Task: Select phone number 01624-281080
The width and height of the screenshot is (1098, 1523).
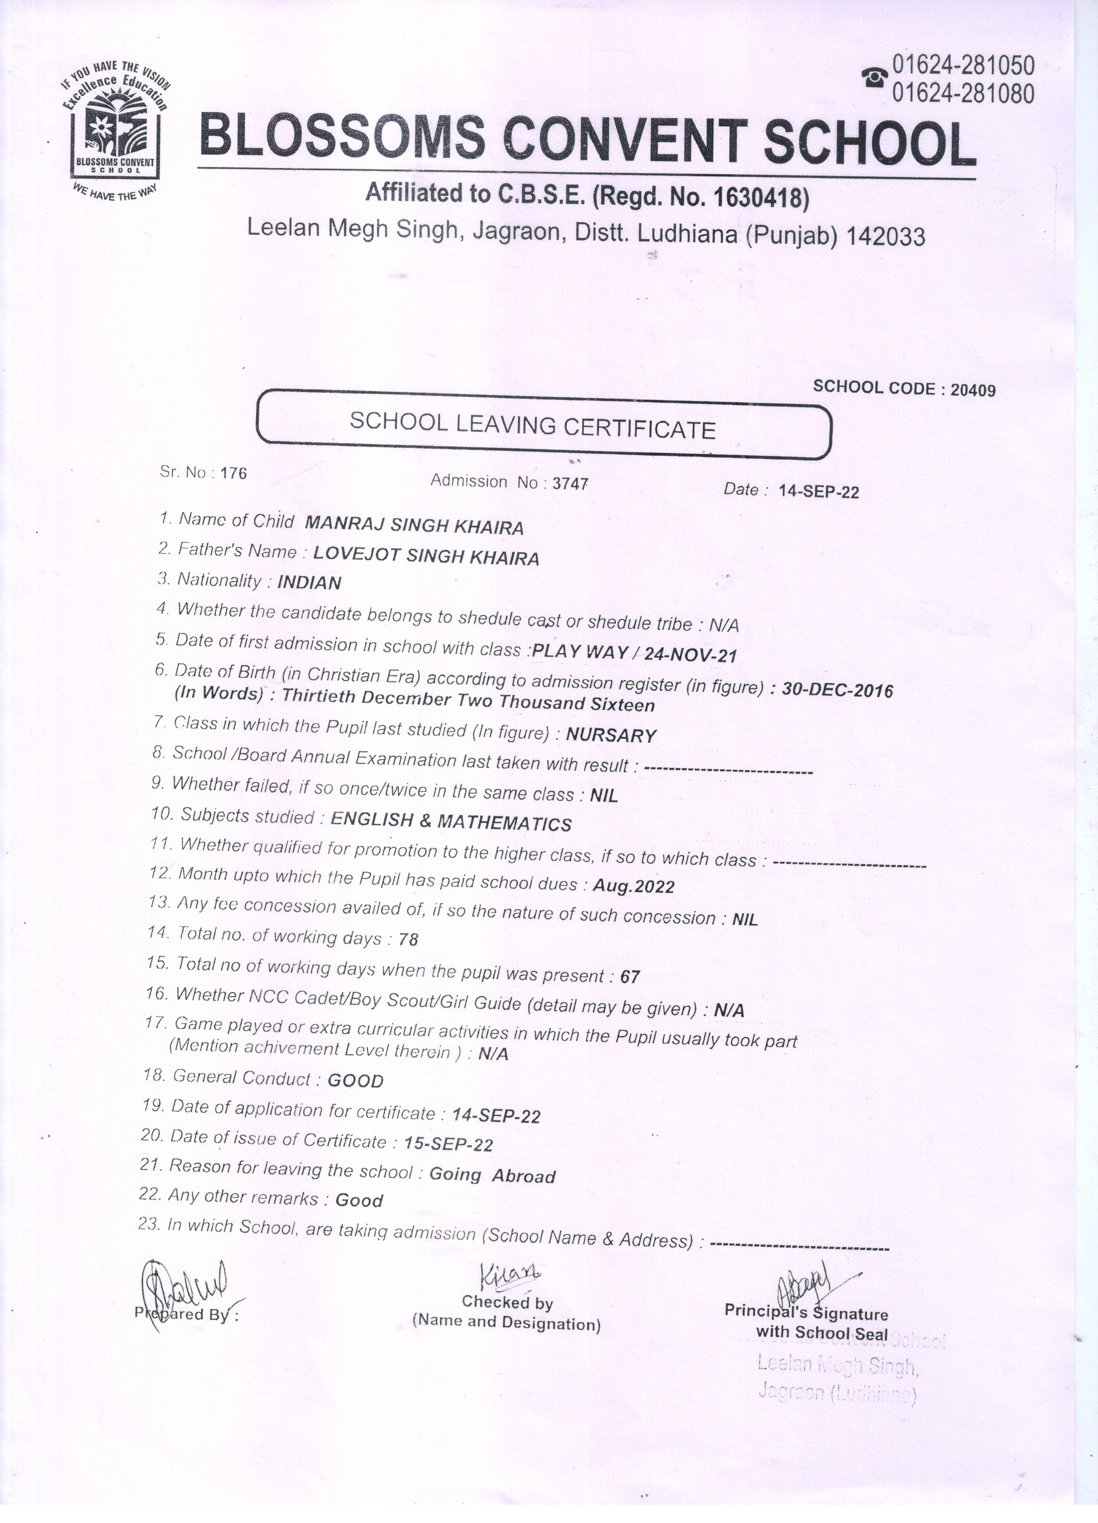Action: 962,94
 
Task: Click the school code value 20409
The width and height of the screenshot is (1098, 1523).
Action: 972,390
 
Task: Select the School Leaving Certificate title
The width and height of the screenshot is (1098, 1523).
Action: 532,425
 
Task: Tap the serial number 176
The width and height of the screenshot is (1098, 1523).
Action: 233,473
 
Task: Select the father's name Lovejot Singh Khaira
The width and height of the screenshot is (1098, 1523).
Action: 427,557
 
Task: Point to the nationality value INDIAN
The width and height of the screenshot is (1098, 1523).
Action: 309,583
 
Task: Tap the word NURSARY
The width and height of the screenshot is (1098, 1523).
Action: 610,735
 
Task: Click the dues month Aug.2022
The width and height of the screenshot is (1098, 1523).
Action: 633,886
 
